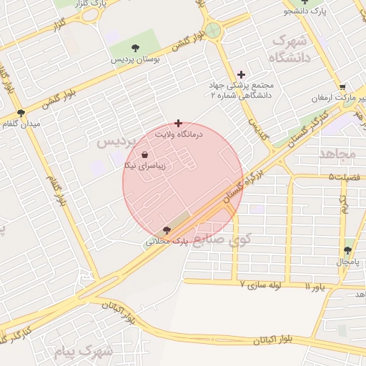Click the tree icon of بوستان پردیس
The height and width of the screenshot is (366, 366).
(135, 46)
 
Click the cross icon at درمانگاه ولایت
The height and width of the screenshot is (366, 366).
(178, 123)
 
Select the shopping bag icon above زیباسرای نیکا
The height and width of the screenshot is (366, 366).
(145, 154)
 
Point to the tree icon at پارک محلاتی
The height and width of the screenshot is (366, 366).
(167, 230)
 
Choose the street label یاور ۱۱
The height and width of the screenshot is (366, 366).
(317, 287)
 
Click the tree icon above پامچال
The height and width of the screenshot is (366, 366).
(347, 250)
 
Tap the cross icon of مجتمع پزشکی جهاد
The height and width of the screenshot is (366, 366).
(241, 74)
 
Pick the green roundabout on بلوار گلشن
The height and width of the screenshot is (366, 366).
(212, 31)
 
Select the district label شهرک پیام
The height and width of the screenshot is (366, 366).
(84, 352)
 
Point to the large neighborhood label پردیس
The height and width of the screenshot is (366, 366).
(115, 142)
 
